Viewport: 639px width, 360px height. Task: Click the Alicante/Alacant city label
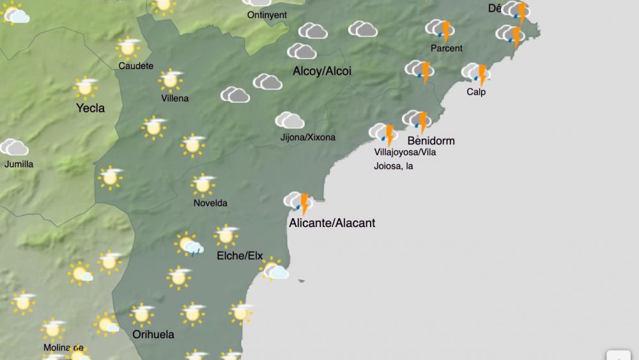coord(332,223)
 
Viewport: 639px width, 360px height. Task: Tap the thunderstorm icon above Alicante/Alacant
coord(298,202)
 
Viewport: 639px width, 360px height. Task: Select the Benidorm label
coord(431,141)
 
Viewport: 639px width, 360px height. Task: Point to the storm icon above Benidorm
coord(416,120)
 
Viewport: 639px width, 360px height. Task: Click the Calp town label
coord(476,92)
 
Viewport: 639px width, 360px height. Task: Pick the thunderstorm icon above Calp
coord(475,74)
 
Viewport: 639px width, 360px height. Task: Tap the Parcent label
coord(446,49)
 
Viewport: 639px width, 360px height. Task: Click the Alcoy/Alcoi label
coord(322,71)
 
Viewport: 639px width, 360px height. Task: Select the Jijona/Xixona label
coord(307,137)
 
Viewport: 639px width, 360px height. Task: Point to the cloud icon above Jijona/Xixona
coord(289,120)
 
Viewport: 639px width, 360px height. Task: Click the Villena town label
coord(175,98)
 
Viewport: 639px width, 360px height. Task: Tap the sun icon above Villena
coord(171,80)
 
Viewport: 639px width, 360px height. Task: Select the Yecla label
coord(90,108)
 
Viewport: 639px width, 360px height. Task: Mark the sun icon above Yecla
coord(85,88)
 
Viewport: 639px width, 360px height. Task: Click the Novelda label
coord(210,203)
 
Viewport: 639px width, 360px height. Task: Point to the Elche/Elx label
coord(240,256)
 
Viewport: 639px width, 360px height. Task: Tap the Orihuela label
coord(153,334)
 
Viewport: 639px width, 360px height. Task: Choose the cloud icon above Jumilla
coord(14,148)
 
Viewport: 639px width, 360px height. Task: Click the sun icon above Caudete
coord(128,47)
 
